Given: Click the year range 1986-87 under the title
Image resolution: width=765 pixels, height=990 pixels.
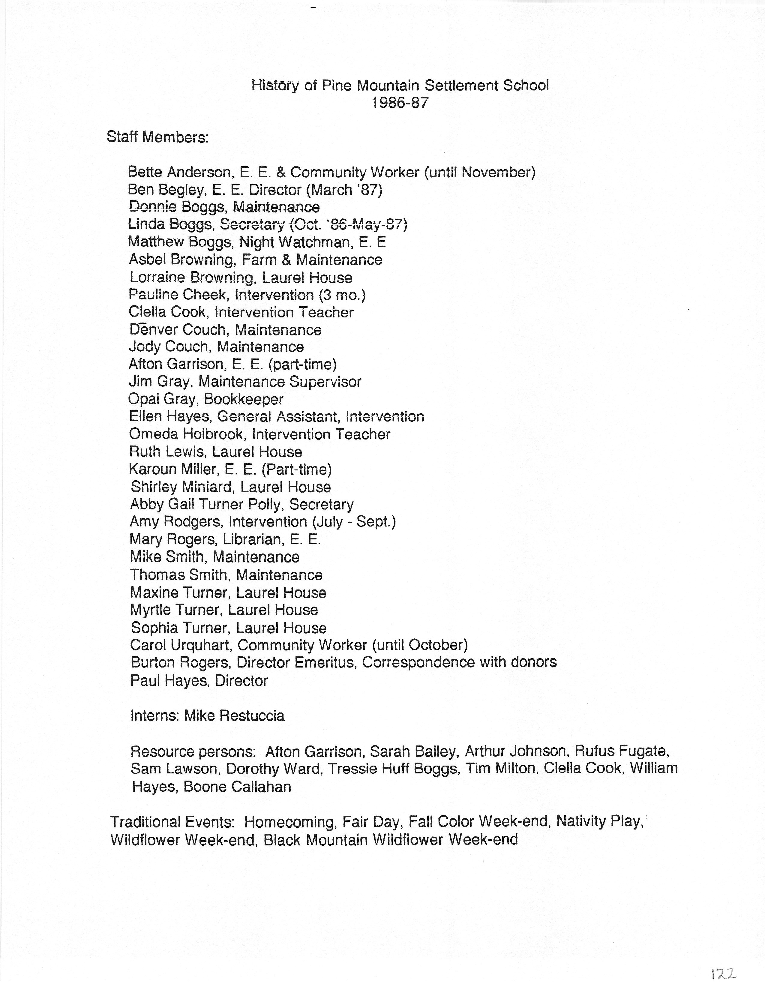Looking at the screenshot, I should pyautogui.click(x=400, y=103).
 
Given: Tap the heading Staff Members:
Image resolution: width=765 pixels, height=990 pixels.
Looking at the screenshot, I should pyautogui.click(x=157, y=137).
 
